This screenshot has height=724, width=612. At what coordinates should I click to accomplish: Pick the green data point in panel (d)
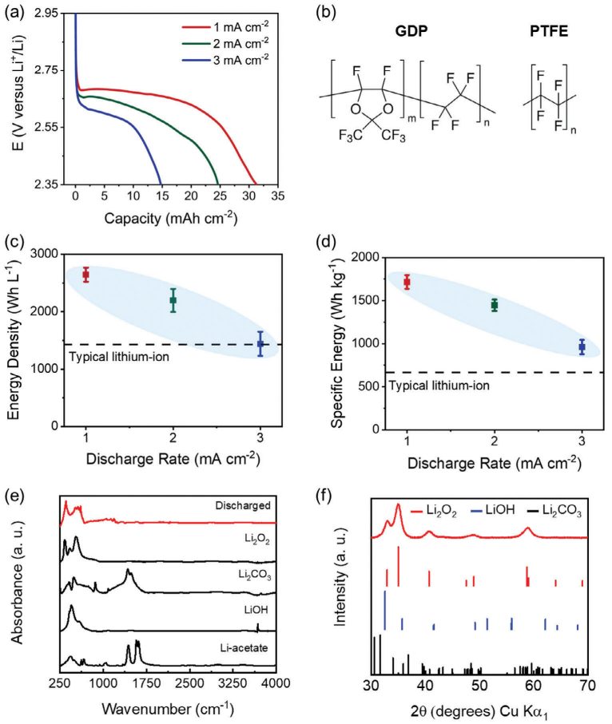495,305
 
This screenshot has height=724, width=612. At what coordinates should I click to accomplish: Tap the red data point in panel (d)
407,282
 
